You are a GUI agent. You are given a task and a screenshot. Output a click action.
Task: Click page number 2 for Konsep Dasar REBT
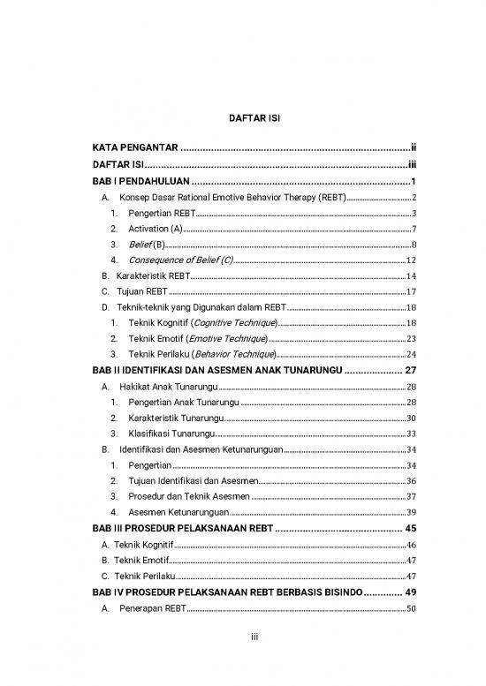coord(414,197)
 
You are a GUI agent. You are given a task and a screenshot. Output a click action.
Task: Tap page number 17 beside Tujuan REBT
coord(411,290)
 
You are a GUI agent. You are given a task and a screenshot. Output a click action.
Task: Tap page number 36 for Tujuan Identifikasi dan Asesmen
coord(411,480)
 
